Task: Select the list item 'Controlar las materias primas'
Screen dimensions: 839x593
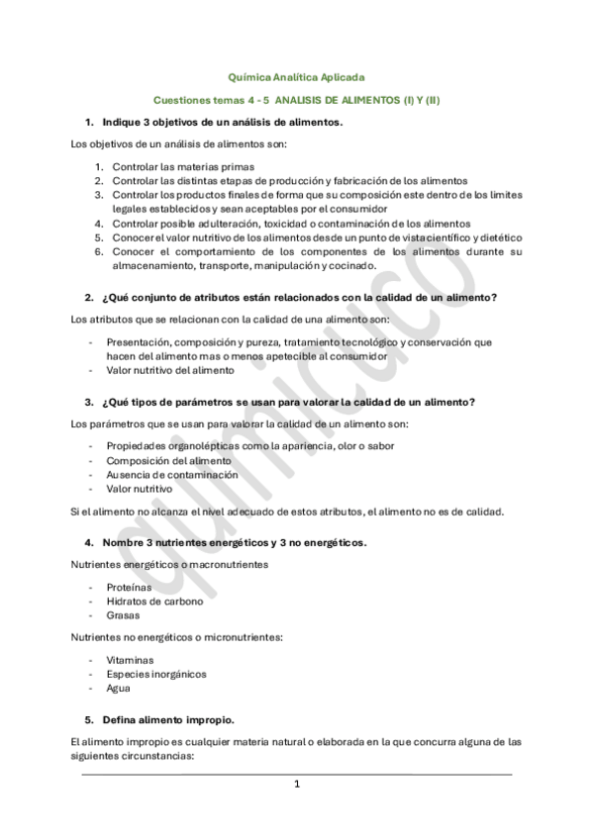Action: pos(184,167)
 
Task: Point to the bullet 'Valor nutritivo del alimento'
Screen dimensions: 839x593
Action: pos(171,370)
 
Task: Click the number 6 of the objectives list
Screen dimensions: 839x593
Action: pos(99,251)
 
